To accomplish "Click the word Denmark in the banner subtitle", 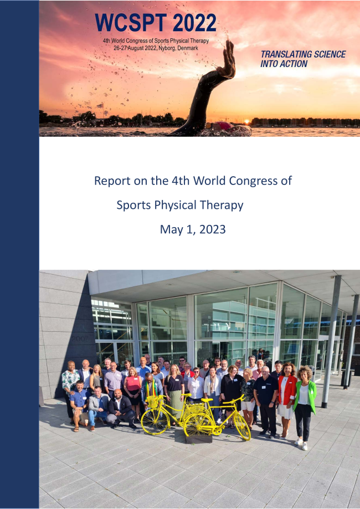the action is [188, 48].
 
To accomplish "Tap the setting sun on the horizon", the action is [246, 121].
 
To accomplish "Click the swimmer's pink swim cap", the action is [224, 126].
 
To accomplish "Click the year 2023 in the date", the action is [212, 229].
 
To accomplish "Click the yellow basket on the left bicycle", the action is [152, 402].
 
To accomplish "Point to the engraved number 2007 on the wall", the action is [80, 338].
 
